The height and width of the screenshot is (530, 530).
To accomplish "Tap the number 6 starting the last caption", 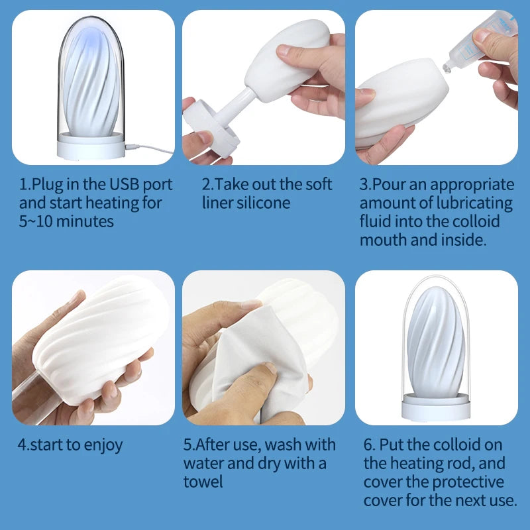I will (368, 445).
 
